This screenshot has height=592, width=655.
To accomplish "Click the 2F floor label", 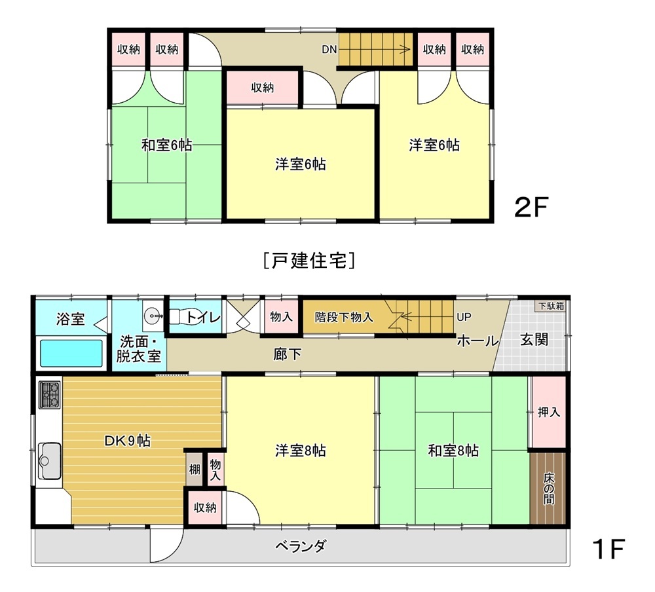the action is pyautogui.click(x=531, y=207).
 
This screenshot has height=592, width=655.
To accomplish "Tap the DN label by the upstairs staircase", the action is pyautogui.click(x=329, y=49).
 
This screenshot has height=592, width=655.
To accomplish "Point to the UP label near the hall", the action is pyautogui.click(x=464, y=317).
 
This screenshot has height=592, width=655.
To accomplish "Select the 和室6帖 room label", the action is pyautogui.click(x=166, y=145).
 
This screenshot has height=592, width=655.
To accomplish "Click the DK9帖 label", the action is pyautogui.click(x=128, y=441).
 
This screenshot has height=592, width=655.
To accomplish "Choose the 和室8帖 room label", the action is pyautogui.click(x=453, y=451).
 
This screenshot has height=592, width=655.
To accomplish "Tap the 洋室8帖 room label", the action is pyautogui.click(x=301, y=451).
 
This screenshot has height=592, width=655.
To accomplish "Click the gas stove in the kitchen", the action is pyautogui.click(x=50, y=394).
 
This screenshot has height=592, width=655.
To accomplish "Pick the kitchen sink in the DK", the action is pyautogui.click(x=49, y=461).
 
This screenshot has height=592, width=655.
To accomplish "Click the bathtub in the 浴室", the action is pyautogui.click(x=71, y=353).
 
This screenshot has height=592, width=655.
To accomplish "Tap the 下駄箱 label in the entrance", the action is pyautogui.click(x=551, y=306).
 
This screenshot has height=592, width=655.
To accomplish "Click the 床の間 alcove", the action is pyautogui.click(x=548, y=488).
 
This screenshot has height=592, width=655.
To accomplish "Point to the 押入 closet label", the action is pyautogui.click(x=548, y=413).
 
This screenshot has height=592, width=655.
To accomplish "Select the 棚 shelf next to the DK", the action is pyautogui.click(x=195, y=469).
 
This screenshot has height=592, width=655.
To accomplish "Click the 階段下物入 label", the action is pyautogui.click(x=344, y=317).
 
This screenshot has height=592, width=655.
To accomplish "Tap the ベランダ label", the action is pyautogui.click(x=301, y=546).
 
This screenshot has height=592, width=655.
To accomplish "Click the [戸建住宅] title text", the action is pyautogui.click(x=310, y=261).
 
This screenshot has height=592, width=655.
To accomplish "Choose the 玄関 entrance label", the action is pyautogui.click(x=534, y=340).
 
